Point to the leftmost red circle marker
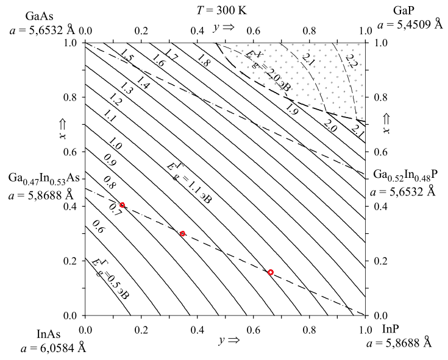123,205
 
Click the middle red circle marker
182,233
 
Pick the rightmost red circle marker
271,272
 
